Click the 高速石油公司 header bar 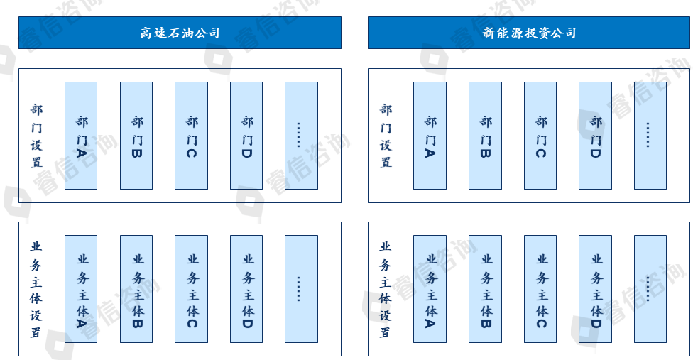pyautogui.click(x=180, y=33)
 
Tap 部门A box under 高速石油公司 pyautogui.click(x=81, y=136)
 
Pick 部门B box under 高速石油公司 pyautogui.click(x=136, y=136)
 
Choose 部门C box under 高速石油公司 pyautogui.click(x=191, y=136)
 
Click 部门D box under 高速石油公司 pyautogui.click(x=246, y=136)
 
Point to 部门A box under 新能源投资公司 pyautogui.click(x=430, y=136)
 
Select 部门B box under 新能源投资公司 pyautogui.click(x=485, y=136)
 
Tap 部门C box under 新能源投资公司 pyautogui.click(x=540, y=136)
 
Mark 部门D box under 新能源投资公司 pyautogui.click(x=595, y=136)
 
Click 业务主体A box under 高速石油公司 pyautogui.click(x=81, y=289)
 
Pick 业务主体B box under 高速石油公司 pyautogui.click(x=136, y=289)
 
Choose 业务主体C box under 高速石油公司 pyautogui.click(x=191, y=289)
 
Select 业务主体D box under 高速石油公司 pyautogui.click(x=246, y=289)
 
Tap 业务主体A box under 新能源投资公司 pyautogui.click(x=430, y=289)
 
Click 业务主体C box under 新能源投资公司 pyautogui.click(x=540, y=289)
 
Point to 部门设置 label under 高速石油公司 pyautogui.click(x=36, y=136)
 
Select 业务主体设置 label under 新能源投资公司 pyautogui.click(x=386, y=289)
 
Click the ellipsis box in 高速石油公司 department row pyautogui.click(x=301, y=136)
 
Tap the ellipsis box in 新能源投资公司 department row pyautogui.click(x=650, y=136)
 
